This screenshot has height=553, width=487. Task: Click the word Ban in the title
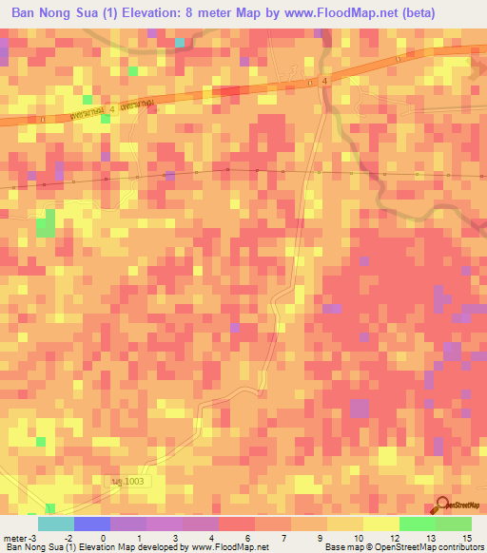(x=27, y=12)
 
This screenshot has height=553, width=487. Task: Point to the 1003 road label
(x=127, y=484)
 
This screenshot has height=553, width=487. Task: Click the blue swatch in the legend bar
(x=91, y=524)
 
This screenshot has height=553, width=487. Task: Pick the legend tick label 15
(x=466, y=538)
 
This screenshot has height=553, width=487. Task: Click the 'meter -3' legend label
(x=20, y=538)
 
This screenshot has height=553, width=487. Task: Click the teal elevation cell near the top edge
(x=179, y=43)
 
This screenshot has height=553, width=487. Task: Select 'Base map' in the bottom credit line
(x=344, y=547)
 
